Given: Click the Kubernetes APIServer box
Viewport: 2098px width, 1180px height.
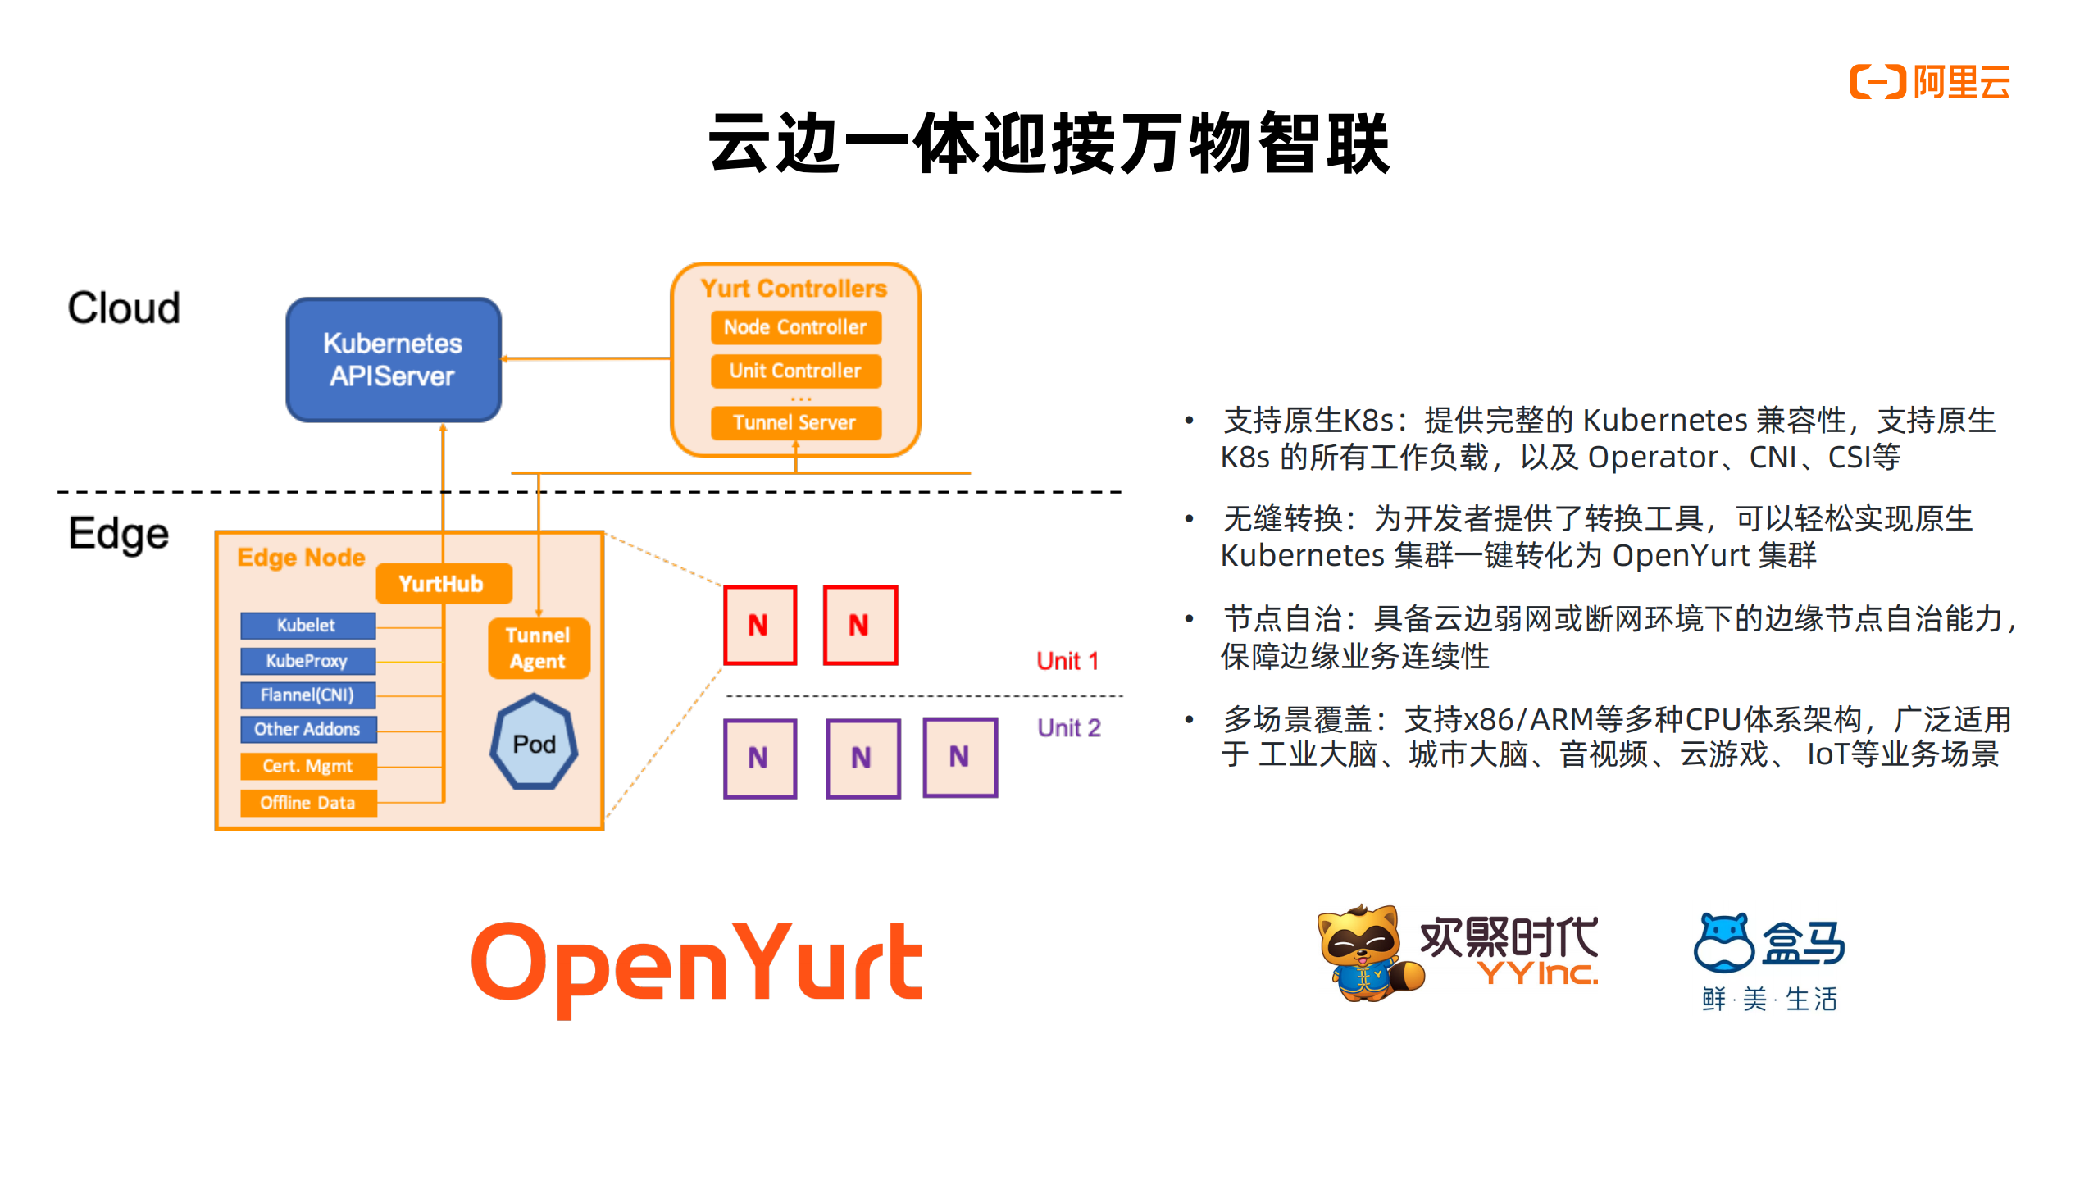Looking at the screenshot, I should coord(393,359).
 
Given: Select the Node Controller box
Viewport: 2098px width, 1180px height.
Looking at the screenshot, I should coord(794,327).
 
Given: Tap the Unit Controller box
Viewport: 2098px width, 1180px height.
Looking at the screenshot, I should coord(794,371).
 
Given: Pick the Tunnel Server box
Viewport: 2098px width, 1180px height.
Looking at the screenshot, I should coord(794,422).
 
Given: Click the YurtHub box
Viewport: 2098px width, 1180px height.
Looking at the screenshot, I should coord(442,584).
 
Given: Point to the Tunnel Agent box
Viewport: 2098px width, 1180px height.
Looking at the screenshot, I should coord(538,648).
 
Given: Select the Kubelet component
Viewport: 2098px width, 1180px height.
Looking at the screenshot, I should coord(307,625).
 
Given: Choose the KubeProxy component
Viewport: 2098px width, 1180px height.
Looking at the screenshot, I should coord(307,660).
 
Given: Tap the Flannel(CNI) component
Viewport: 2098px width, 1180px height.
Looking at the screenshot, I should coord(307,695).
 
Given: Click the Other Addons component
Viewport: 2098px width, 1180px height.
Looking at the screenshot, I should coord(307,729).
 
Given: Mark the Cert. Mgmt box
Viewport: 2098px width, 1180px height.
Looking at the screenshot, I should coord(307,766).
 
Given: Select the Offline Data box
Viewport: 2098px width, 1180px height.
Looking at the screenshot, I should coord(307,803).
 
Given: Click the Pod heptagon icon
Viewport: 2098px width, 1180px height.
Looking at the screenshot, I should coord(534,743).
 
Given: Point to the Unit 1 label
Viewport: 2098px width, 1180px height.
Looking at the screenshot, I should coord(1067,661).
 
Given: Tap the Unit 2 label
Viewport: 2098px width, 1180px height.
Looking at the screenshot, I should coord(1068,727).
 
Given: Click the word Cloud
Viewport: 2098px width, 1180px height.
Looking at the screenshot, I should coord(124,308).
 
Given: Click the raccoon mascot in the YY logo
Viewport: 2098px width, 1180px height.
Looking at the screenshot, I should coord(1364,953).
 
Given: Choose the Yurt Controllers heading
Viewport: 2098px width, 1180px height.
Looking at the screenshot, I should coord(794,289).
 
